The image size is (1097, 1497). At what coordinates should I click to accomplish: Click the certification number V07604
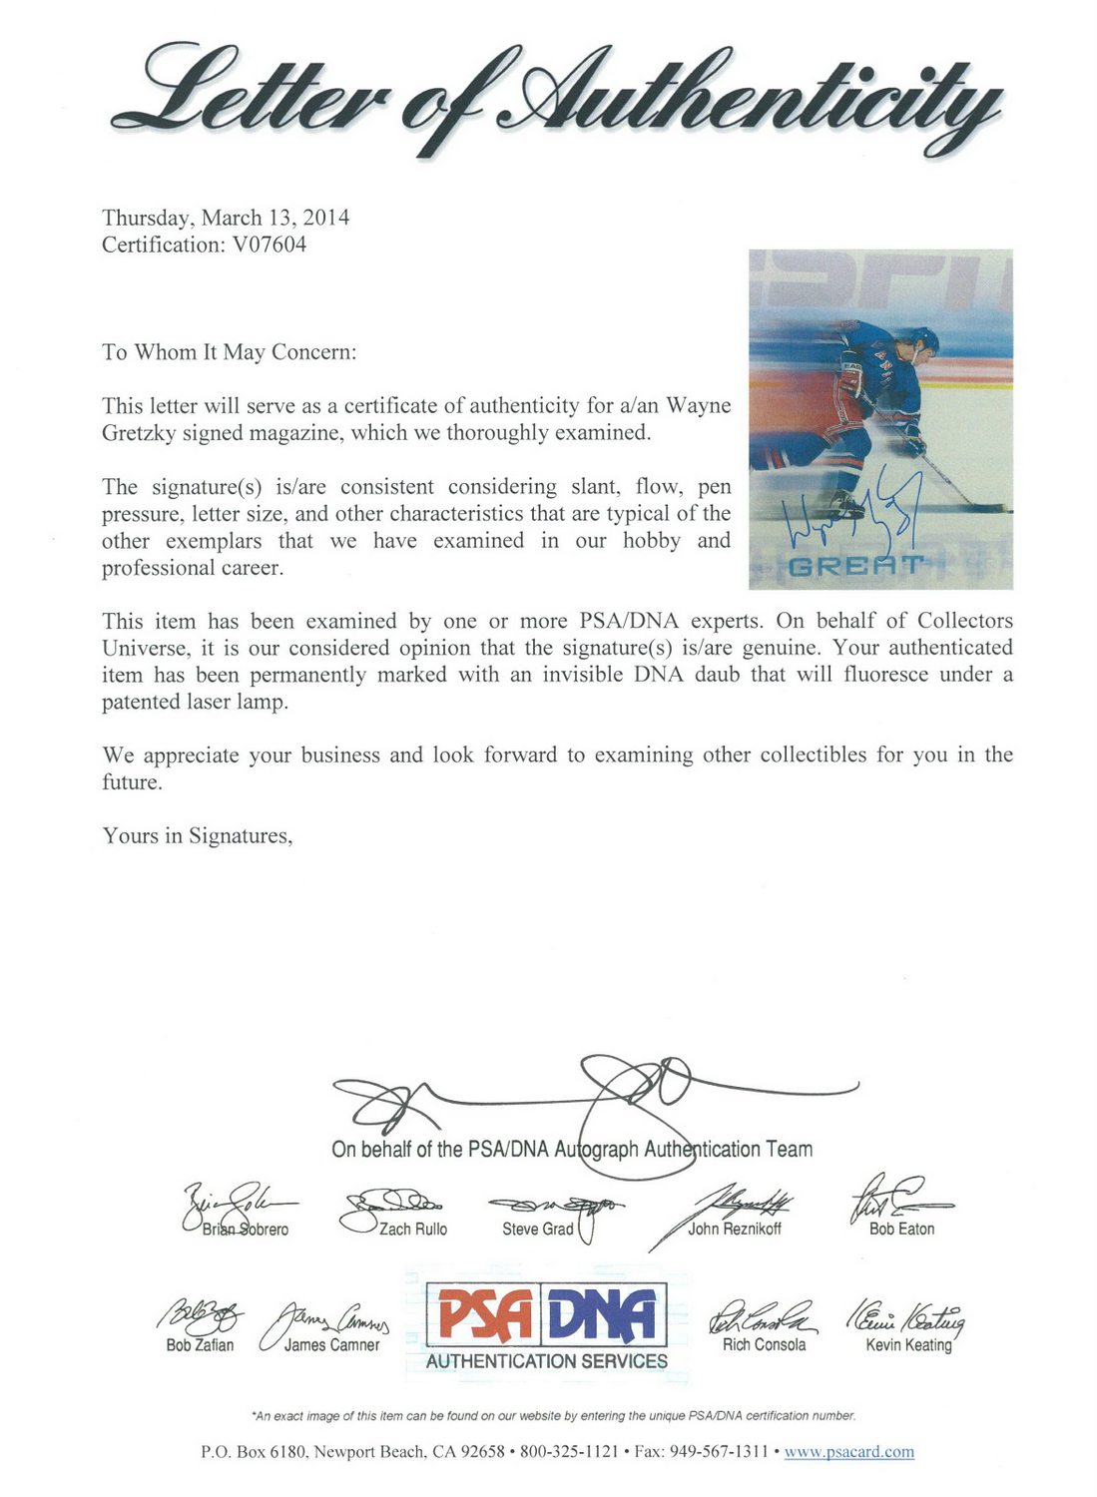coord(269,245)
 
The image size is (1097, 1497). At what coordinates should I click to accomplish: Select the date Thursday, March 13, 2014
coord(226,218)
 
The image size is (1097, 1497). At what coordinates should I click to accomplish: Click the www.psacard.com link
coord(848,1452)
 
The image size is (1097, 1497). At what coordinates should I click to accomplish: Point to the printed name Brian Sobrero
coord(246,1230)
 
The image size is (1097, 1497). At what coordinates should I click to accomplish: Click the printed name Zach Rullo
coord(413,1230)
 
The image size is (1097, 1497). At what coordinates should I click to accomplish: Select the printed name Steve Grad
coord(537,1230)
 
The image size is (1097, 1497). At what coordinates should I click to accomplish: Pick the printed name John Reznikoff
coord(735,1230)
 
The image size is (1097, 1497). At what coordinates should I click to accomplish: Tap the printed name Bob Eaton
coord(901,1230)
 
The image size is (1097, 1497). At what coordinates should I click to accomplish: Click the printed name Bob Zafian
coord(200,1345)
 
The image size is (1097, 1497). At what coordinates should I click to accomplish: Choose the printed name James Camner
coord(331,1345)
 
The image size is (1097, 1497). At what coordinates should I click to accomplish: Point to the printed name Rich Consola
coord(764,1345)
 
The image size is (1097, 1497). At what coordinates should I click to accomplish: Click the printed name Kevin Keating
coord(908,1345)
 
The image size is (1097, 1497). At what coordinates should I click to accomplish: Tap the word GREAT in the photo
coord(855,566)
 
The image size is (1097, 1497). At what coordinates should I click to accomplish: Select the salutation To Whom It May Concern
coord(229,352)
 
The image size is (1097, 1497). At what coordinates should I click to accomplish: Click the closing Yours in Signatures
coord(198,836)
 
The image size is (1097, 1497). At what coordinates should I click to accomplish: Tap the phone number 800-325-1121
coord(569,1452)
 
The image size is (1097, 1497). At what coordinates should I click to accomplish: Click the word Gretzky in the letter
coord(139,433)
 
